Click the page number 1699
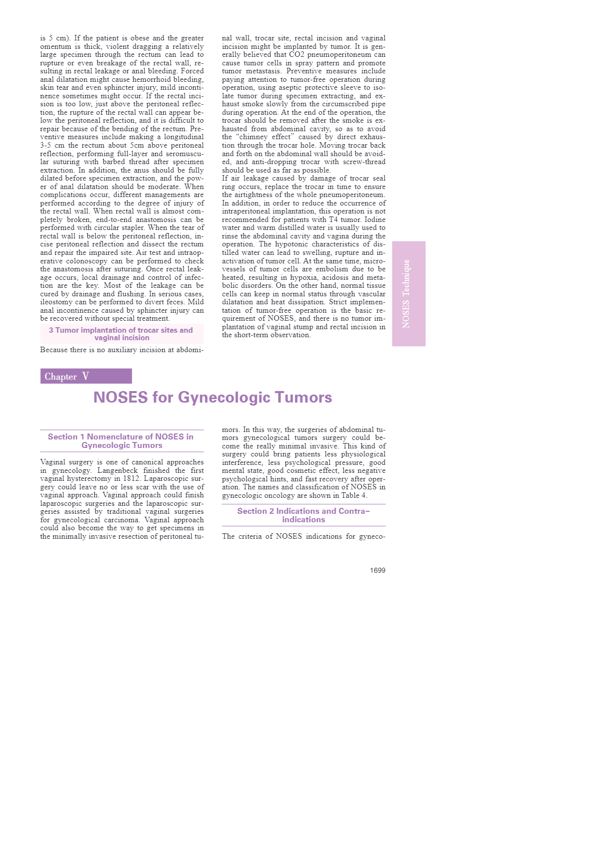coord(377,570)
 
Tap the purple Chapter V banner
coord(86,376)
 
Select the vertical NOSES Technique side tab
coord(408,294)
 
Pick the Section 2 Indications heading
coord(304,515)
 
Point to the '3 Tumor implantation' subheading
coord(121,334)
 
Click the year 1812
coord(131,479)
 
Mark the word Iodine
coord(374,219)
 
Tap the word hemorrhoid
coord(150,79)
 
